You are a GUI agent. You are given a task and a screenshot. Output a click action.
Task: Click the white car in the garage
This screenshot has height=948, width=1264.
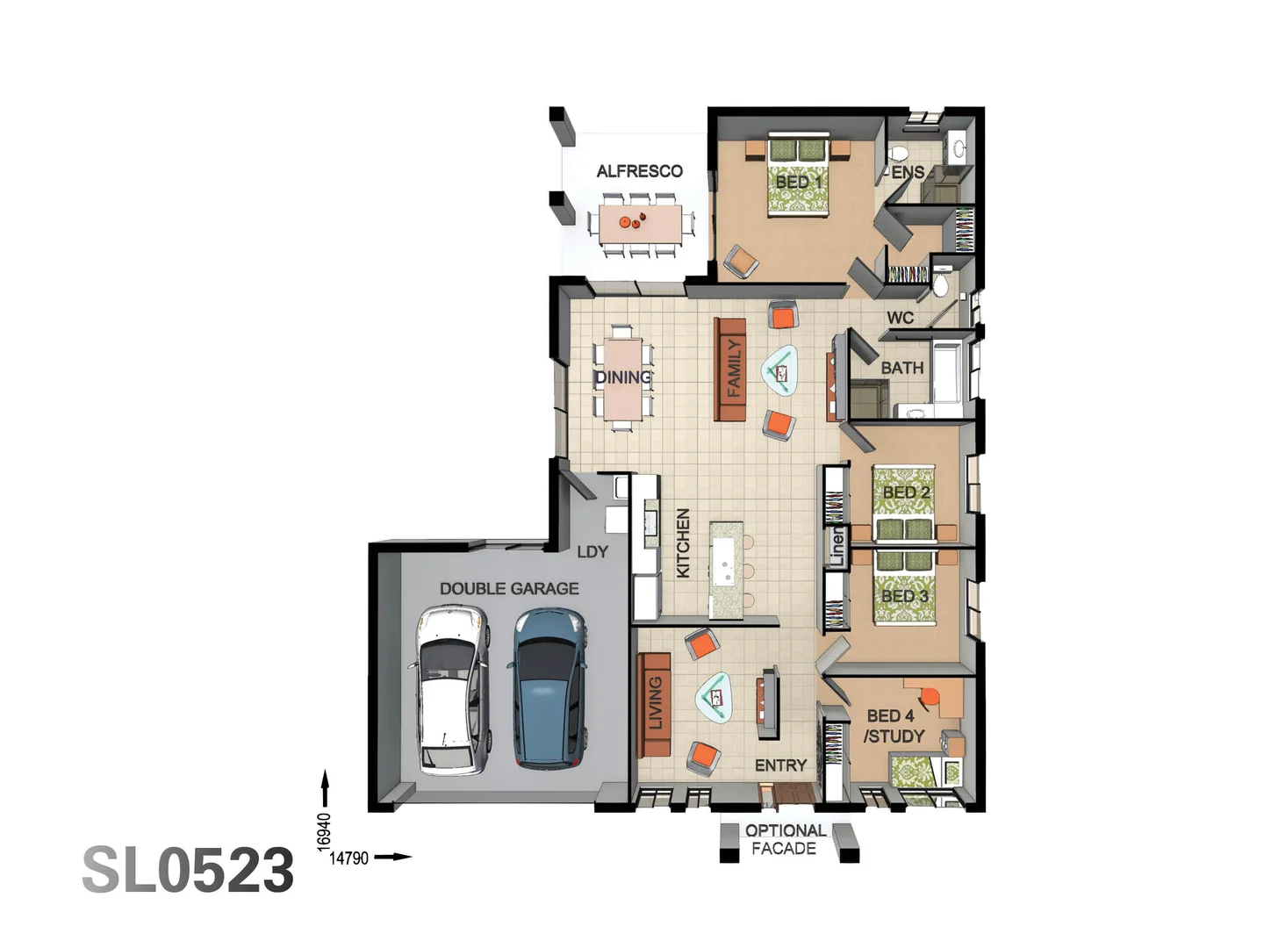click(x=450, y=691)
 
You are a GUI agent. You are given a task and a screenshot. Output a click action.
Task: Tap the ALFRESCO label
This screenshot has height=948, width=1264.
click(x=639, y=171)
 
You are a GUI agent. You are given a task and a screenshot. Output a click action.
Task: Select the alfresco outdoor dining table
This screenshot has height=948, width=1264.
click(x=640, y=223)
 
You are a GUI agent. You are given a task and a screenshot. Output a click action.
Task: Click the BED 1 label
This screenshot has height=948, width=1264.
click(x=799, y=182)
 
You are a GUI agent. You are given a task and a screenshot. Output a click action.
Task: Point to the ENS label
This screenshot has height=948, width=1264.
click(x=908, y=172)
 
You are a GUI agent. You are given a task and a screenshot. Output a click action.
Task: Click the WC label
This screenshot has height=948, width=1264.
click(x=900, y=318)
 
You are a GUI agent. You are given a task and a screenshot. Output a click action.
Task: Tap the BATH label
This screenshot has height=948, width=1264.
click(x=901, y=368)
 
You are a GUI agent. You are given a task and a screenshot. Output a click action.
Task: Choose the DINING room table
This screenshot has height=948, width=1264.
click(x=623, y=377)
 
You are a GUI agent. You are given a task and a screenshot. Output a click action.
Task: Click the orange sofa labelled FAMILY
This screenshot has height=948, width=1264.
click(x=730, y=370)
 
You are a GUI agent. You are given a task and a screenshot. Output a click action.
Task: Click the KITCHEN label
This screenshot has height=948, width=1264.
click(x=683, y=543)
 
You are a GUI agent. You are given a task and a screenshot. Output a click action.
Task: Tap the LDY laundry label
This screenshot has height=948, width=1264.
click(x=592, y=551)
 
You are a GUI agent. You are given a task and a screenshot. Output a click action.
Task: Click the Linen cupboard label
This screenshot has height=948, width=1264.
click(x=837, y=546)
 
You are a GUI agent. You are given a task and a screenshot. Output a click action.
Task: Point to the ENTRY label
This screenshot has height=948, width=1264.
click(x=780, y=765)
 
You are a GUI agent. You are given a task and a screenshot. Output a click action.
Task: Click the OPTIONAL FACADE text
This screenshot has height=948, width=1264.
click(x=784, y=839)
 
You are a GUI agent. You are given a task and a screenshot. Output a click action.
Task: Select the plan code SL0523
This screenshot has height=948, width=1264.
click(x=188, y=871)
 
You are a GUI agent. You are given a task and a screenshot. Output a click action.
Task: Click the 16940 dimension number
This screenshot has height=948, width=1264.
click(x=324, y=830)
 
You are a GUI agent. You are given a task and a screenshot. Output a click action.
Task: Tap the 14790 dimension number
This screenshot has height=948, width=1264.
click(x=348, y=858)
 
